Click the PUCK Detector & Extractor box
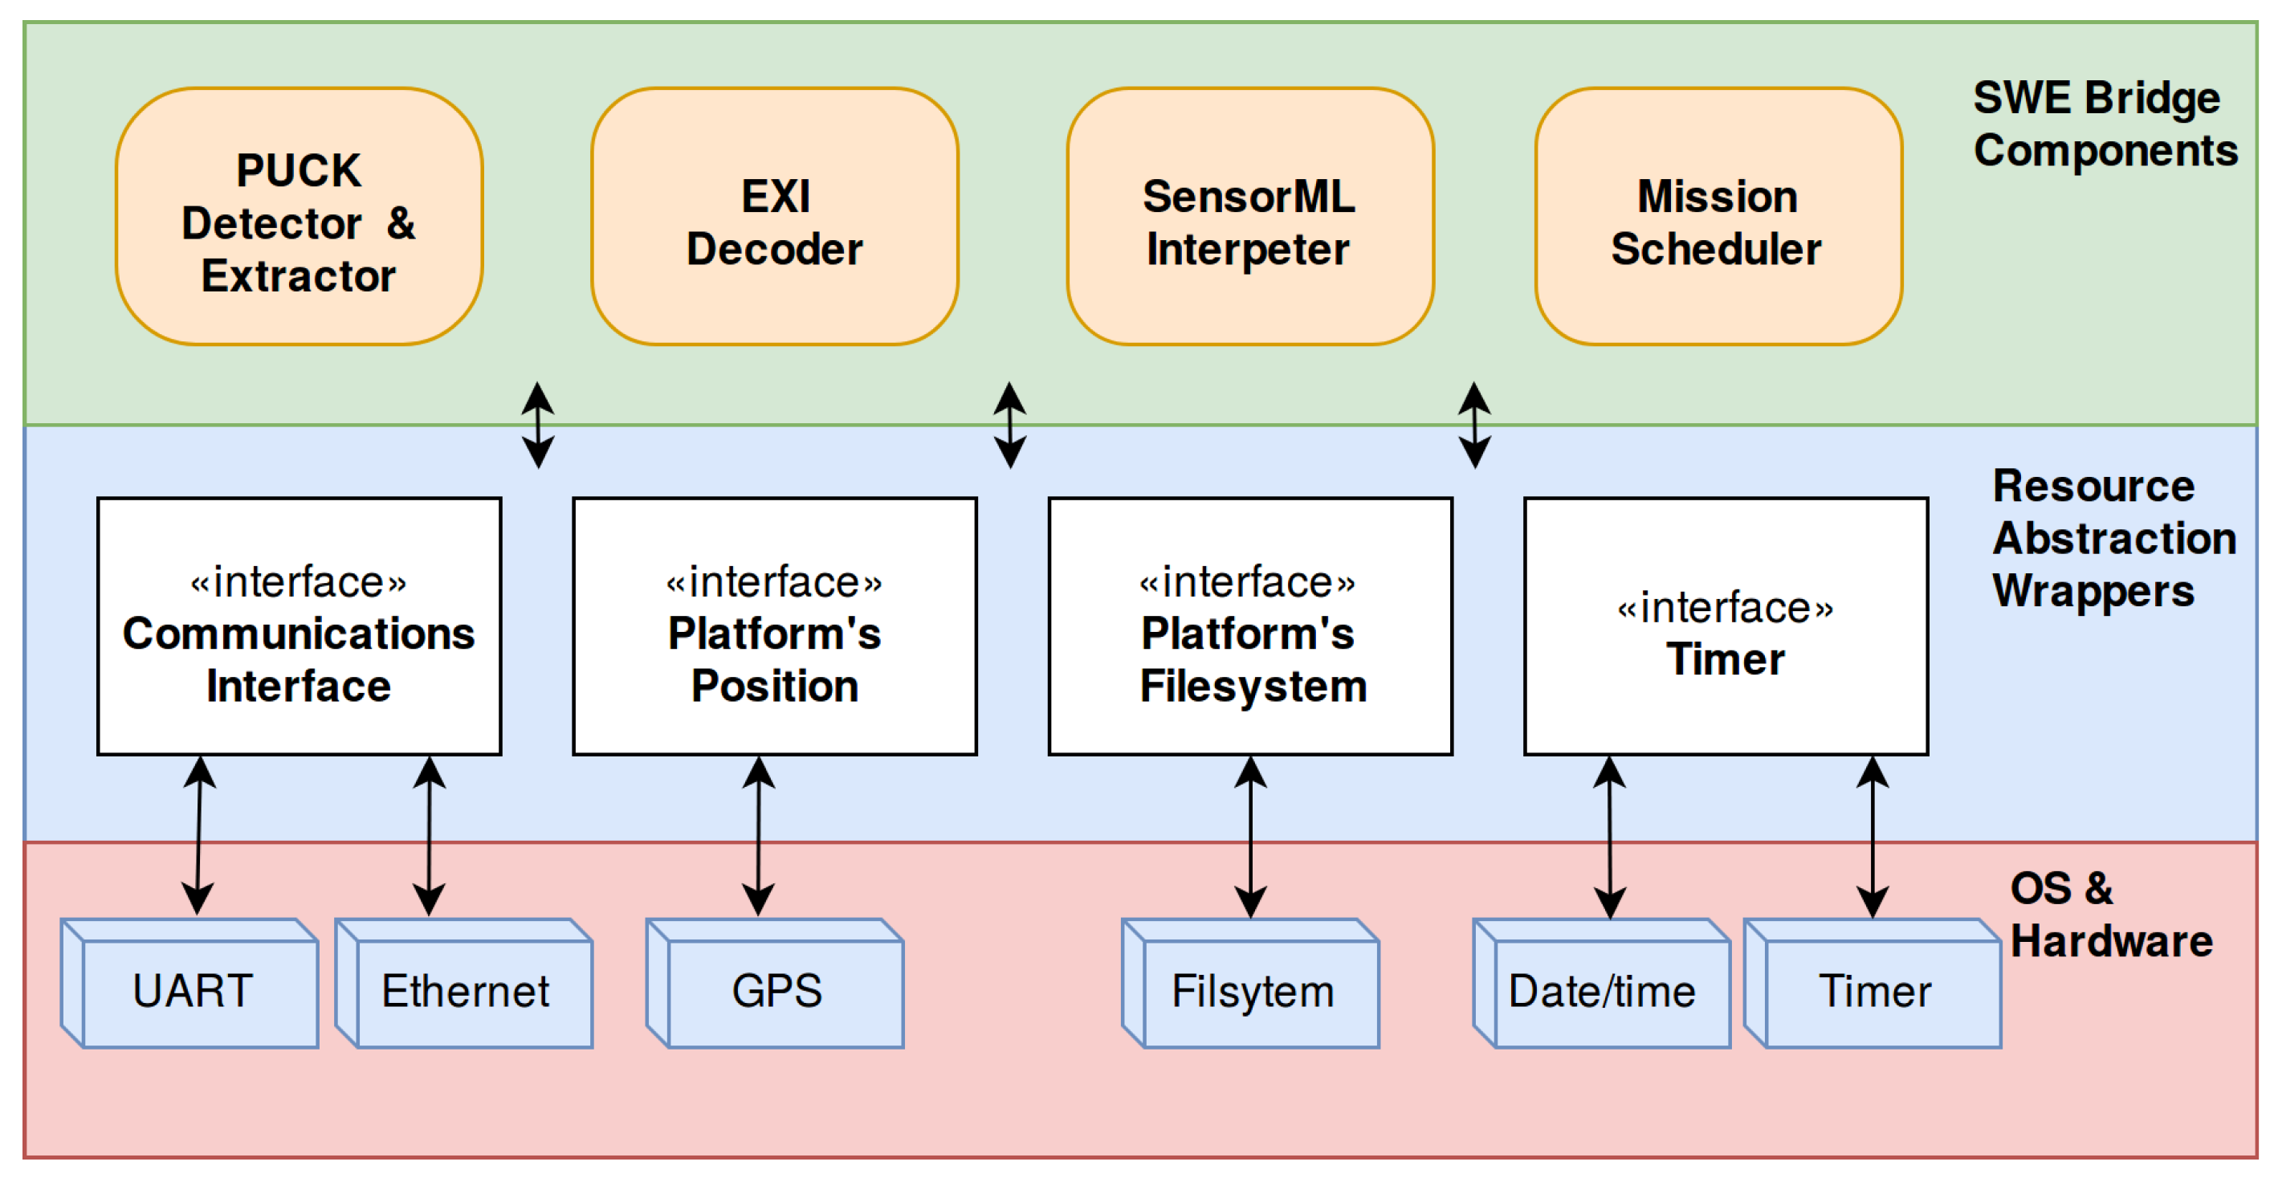[299, 216]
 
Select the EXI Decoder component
[774, 216]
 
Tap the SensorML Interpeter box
[1249, 216]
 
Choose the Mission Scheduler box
[1718, 216]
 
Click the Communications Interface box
[299, 626]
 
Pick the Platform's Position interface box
[774, 626]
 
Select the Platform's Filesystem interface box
[1250, 626]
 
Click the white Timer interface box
[1725, 626]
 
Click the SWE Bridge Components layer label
[2105, 124]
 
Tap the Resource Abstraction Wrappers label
[2112, 538]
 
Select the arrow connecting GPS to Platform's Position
[758, 835]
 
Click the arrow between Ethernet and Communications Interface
[429, 835]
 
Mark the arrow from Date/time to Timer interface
[1609, 835]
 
